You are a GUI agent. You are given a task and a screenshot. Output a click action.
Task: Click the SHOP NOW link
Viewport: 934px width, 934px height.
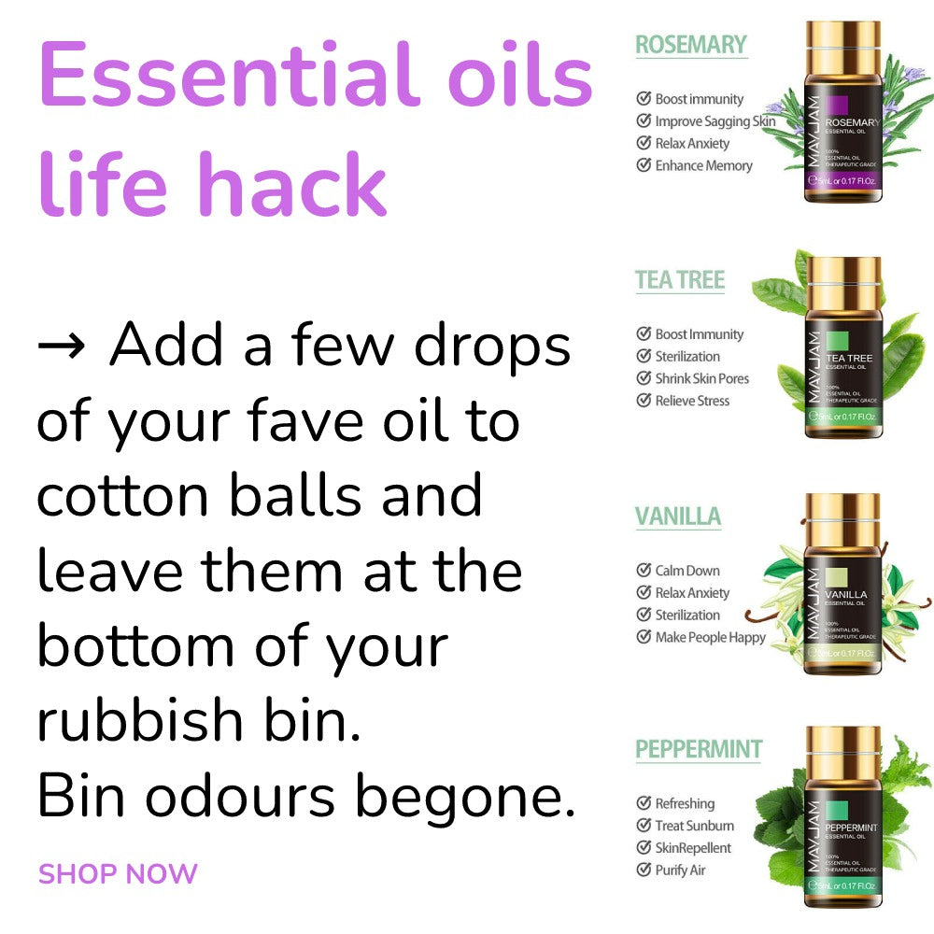pyautogui.click(x=118, y=874)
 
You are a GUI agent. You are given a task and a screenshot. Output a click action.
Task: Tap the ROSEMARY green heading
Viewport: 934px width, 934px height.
pyautogui.click(x=691, y=44)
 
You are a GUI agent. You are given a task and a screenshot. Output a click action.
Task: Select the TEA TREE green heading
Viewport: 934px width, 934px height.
pyautogui.click(x=680, y=279)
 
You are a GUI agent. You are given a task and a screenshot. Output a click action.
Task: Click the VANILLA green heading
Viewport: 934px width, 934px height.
pyautogui.click(x=678, y=516)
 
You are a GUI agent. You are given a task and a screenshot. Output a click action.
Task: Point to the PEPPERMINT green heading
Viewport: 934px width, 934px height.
pyautogui.click(x=699, y=749)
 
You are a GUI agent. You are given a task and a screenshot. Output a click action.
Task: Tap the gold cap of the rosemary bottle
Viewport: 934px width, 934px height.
pyautogui.click(x=842, y=44)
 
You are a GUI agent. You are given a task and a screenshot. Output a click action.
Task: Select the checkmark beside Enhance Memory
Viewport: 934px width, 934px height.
pyautogui.click(x=644, y=165)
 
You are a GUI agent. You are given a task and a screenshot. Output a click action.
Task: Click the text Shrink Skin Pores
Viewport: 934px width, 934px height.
pyautogui.click(x=701, y=378)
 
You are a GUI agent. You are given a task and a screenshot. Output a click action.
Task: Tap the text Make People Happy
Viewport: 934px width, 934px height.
pyautogui.click(x=710, y=637)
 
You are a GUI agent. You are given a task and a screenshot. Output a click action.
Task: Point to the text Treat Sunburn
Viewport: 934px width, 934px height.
pyautogui.click(x=694, y=826)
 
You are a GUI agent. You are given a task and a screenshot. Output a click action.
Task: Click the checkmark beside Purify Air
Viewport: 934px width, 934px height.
pyautogui.click(x=644, y=870)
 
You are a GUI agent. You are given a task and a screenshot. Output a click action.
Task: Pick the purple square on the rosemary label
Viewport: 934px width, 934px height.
pyautogui.click(x=837, y=105)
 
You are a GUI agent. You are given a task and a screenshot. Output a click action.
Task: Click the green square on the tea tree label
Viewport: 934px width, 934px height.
pyautogui.click(x=836, y=340)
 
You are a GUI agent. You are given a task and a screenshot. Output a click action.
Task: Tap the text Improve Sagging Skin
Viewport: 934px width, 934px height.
pyautogui.click(x=715, y=120)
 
